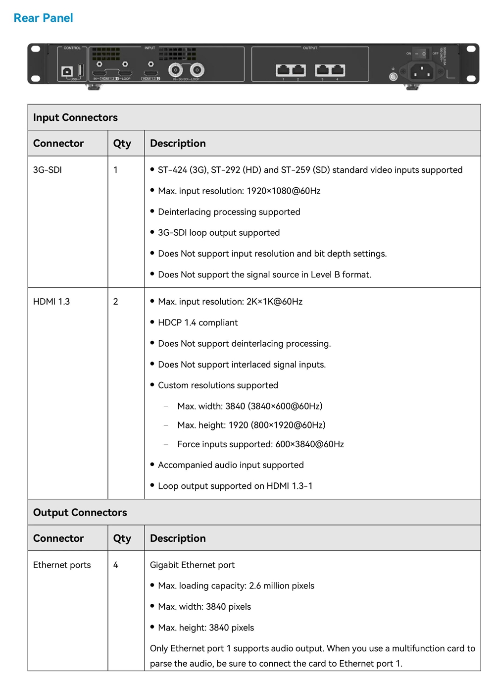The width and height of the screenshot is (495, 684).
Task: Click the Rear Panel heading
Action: [44, 18]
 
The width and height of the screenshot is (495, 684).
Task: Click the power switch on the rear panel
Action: [420, 53]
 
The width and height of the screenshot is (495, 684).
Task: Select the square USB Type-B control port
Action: [67, 72]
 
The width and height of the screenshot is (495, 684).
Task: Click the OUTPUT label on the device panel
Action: [310, 48]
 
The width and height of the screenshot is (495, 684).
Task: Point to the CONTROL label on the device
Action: [72, 48]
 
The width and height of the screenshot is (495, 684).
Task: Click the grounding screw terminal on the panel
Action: [393, 76]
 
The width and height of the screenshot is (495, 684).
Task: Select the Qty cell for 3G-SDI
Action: [116, 170]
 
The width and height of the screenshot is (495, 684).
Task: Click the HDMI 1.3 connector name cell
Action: [51, 302]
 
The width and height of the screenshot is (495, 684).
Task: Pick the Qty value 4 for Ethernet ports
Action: [116, 565]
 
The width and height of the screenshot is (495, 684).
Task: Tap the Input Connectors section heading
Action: [75, 117]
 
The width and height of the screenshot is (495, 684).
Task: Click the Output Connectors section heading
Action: [80, 513]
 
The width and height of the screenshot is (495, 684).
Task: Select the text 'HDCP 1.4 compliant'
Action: [198, 322]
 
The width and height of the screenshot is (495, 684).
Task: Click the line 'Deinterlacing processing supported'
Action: [229, 212]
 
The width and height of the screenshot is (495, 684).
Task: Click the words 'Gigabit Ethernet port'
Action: [192, 565]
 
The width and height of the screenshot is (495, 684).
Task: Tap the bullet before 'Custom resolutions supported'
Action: [152, 385]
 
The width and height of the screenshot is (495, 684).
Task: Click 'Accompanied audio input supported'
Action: [231, 465]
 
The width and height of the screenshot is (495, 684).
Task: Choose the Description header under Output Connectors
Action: [178, 538]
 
